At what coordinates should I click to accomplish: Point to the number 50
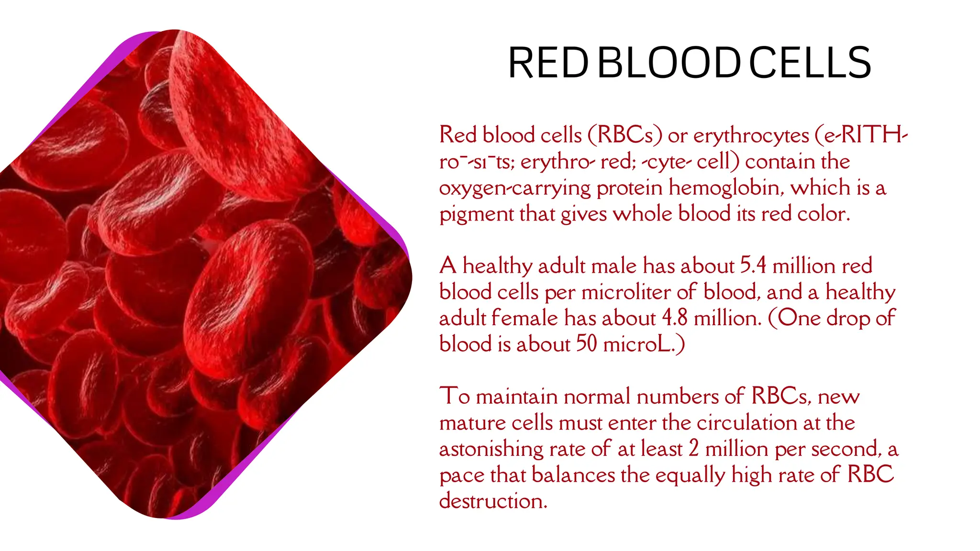[x=586, y=344]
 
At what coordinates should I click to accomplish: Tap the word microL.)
[x=644, y=344]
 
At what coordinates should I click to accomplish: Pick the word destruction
[x=493, y=501]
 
